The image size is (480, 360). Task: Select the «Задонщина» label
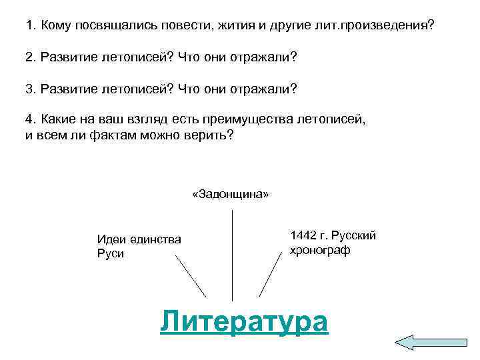point(231,194)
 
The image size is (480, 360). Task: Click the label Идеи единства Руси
point(139,247)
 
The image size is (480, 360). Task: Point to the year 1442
point(304,236)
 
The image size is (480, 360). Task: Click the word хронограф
point(319,251)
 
